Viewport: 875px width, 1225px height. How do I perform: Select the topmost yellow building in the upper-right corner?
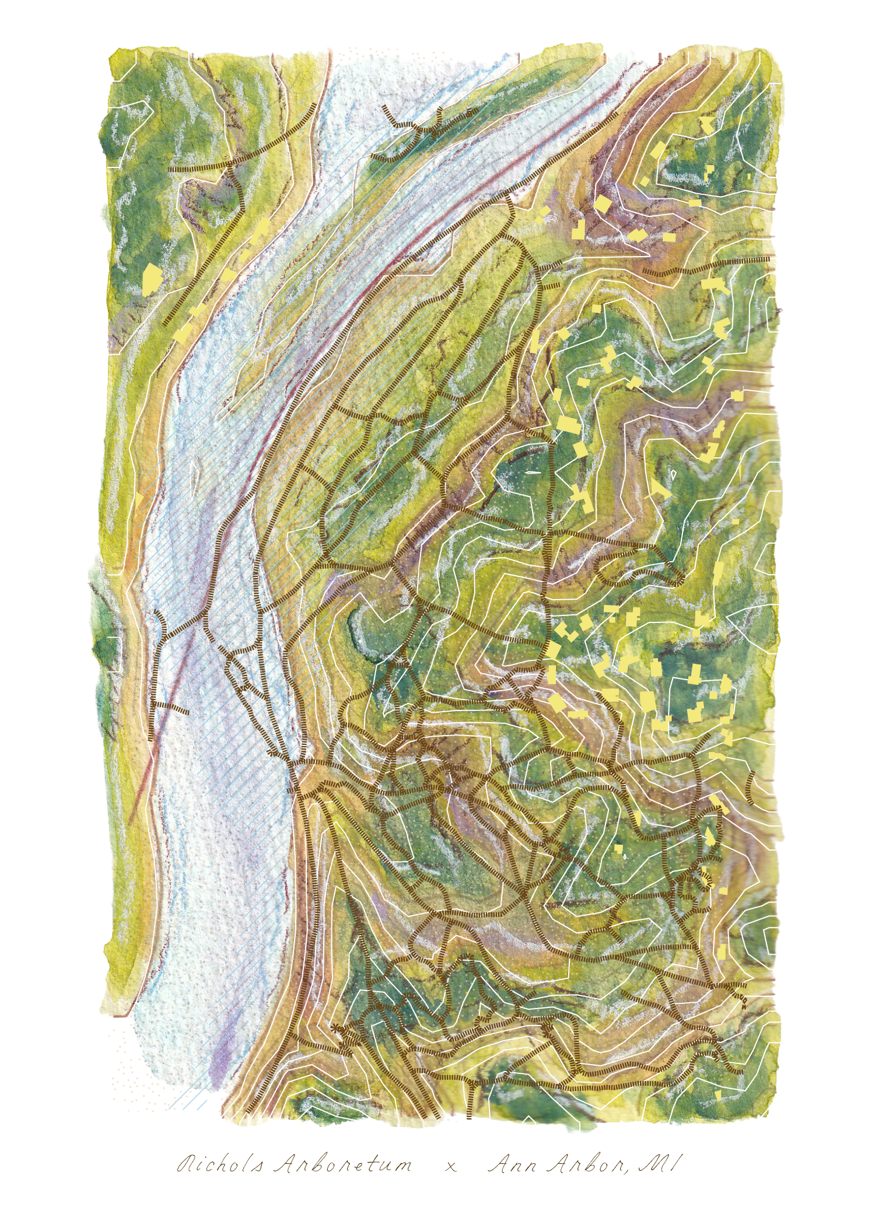pyautogui.click(x=706, y=123)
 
